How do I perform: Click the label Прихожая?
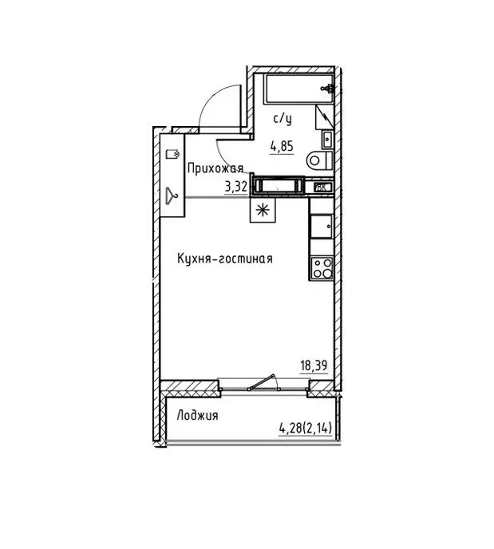(x=215, y=168)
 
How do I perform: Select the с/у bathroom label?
(x=282, y=119)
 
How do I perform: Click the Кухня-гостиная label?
(x=226, y=259)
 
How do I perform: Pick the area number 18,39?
(x=314, y=365)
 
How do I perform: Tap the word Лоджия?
(x=198, y=415)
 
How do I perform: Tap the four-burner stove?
(x=322, y=268)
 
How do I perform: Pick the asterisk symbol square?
(x=262, y=210)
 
